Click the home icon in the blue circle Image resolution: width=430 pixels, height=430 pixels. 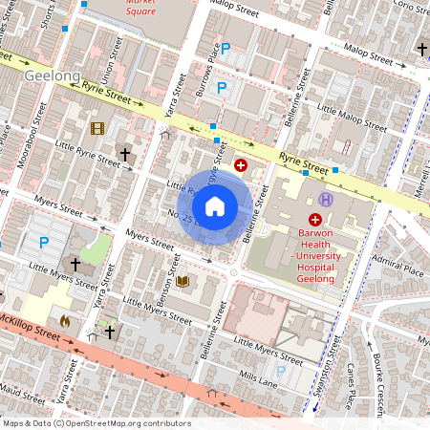[x=215, y=205]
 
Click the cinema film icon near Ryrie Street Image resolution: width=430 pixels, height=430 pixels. [x=97, y=128]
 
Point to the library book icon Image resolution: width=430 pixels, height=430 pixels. [x=182, y=281]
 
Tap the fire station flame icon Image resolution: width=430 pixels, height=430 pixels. [x=64, y=321]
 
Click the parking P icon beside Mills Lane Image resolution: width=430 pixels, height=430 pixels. [x=281, y=371]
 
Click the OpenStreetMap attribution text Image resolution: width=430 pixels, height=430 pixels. [x=96, y=423]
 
